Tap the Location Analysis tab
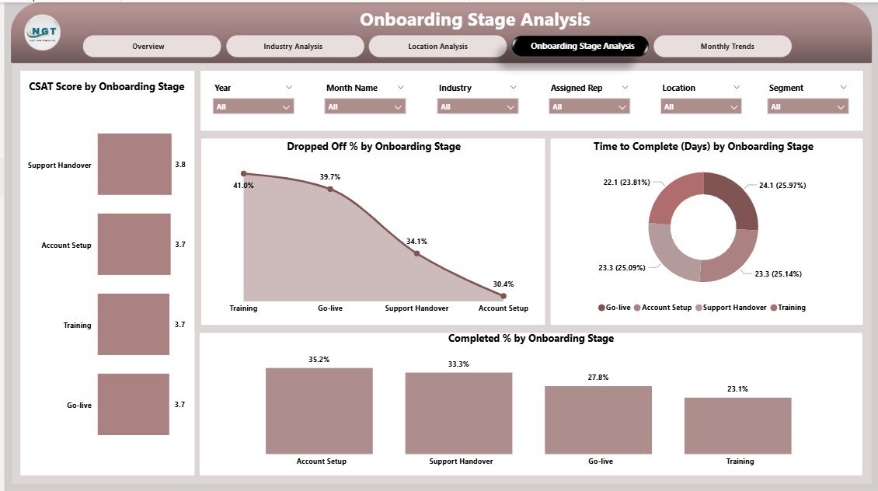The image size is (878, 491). click(x=437, y=47)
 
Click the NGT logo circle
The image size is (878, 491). click(x=42, y=33)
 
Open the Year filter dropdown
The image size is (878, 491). click(x=253, y=106)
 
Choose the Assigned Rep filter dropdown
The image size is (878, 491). click(x=589, y=106)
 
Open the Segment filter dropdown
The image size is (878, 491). click(x=808, y=106)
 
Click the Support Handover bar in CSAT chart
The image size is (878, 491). click(x=134, y=164)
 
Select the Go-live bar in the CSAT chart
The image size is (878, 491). click(x=133, y=404)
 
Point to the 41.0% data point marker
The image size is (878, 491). click(x=244, y=174)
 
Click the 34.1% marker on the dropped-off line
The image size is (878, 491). click(x=416, y=253)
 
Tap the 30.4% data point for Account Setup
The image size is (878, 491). click(x=503, y=295)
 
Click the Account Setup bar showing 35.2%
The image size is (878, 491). click(x=319, y=410)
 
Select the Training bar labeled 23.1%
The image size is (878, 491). click(x=737, y=425)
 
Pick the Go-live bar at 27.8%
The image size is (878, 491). click(x=598, y=420)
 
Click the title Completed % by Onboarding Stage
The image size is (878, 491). click(x=531, y=339)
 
